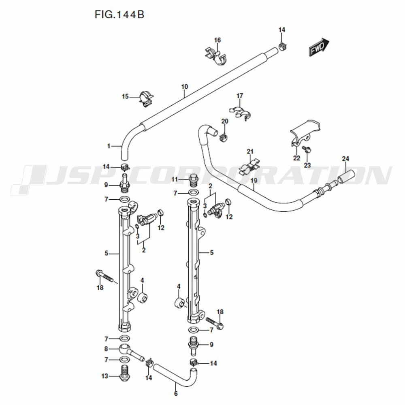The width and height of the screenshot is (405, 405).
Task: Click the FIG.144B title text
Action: pos(119,15)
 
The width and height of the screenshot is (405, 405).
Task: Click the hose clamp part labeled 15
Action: pos(146,98)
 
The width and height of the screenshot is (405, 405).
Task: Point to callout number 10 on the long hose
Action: pos(185,87)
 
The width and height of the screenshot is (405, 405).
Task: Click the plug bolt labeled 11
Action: pos(194,179)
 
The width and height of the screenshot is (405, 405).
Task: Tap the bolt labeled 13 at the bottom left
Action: pos(125,375)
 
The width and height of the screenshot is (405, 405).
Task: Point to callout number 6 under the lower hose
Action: pos(176,393)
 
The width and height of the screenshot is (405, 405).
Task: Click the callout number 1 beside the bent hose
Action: pos(109,146)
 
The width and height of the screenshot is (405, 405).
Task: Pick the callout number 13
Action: pos(105,376)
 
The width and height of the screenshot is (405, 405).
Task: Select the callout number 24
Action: pos(345,158)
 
